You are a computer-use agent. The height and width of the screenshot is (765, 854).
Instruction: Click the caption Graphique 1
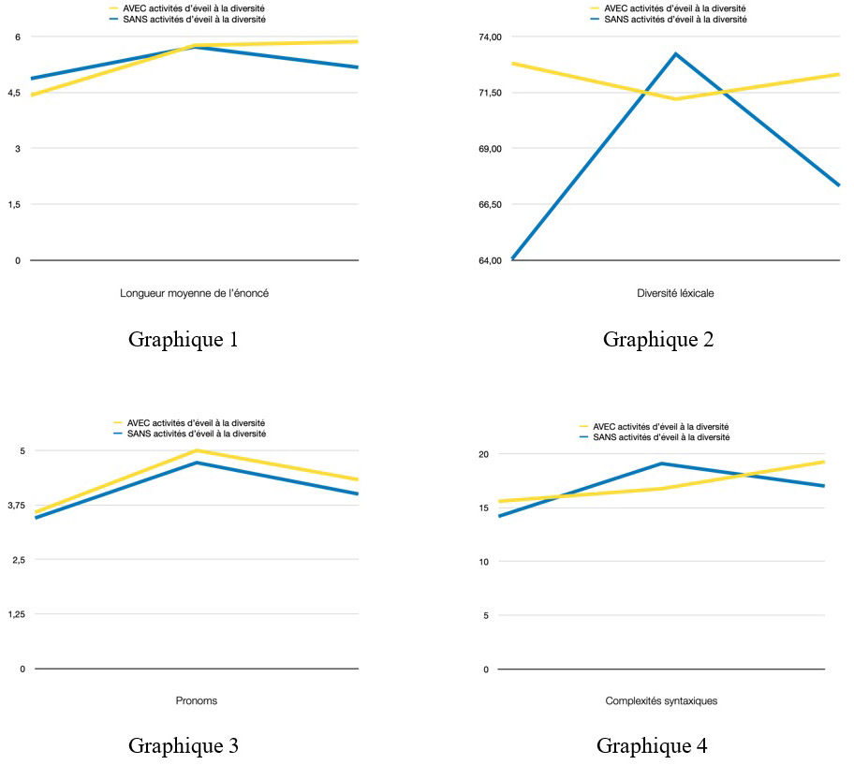(x=183, y=339)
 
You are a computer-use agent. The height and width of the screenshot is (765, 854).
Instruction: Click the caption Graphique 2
(x=658, y=339)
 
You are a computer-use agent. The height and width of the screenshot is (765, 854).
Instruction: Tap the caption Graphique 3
(x=183, y=745)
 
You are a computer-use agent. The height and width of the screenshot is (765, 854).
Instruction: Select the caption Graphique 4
(x=652, y=745)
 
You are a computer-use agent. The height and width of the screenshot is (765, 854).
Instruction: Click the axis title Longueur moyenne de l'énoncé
(x=195, y=293)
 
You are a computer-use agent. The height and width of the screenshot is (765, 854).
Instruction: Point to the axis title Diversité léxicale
(x=662, y=293)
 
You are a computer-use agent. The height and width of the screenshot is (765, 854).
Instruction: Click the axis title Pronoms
(x=196, y=700)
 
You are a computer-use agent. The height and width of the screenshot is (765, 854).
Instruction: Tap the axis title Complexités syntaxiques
(x=661, y=700)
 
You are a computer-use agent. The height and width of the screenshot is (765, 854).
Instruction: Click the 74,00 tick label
(x=491, y=37)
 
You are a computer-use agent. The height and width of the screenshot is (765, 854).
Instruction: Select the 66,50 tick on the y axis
(x=491, y=204)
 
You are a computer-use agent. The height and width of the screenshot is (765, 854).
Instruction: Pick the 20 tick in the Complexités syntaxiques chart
(x=484, y=454)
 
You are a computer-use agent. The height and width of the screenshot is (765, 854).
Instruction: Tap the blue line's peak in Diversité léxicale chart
(x=675, y=53)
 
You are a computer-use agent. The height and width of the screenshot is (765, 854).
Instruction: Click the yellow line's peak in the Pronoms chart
(x=196, y=450)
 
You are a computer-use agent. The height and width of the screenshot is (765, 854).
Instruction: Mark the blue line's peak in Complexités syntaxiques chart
(x=661, y=463)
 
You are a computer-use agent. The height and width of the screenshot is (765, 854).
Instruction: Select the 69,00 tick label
(x=491, y=148)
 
